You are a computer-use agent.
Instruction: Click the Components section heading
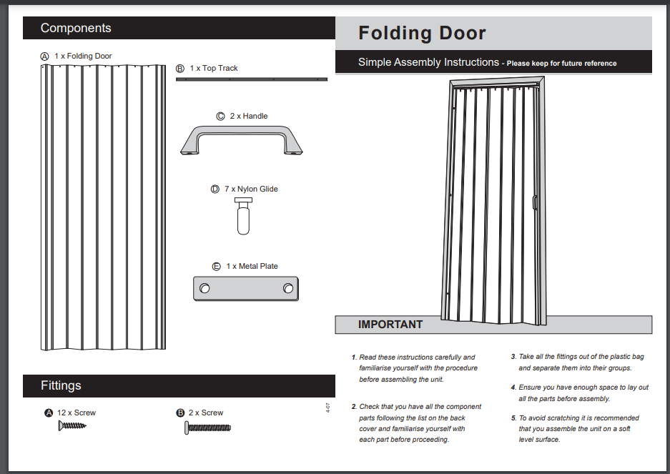click(76, 28)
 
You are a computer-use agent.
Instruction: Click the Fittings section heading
click(61, 385)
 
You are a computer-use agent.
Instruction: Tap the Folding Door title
click(422, 33)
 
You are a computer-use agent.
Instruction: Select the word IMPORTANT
click(390, 325)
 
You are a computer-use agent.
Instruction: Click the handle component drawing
click(241, 139)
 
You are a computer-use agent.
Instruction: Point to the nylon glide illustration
click(243, 217)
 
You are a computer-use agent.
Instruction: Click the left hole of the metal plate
click(205, 288)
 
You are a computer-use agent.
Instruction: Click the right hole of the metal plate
click(287, 288)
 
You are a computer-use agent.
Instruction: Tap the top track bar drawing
click(251, 79)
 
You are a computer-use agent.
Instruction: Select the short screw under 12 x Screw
click(72, 426)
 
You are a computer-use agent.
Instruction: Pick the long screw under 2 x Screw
click(208, 428)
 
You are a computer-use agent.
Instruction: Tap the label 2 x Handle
click(248, 116)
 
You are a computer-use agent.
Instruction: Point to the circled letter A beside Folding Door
click(45, 56)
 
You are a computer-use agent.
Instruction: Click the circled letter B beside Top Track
click(180, 69)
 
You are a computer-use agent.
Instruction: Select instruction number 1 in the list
click(353, 357)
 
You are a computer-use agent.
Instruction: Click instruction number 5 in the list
click(513, 418)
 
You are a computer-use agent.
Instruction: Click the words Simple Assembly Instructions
click(428, 62)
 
